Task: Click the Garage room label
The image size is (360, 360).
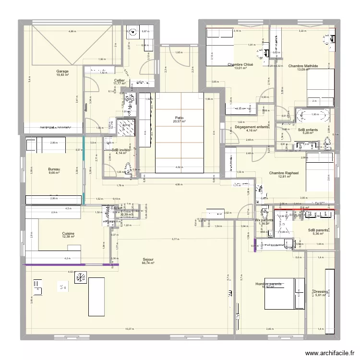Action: (x=62, y=71)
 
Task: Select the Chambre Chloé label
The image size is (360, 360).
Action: (x=240, y=64)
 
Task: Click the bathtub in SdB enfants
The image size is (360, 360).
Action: (x=313, y=115)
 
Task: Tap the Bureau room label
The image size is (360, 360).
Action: (x=54, y=169)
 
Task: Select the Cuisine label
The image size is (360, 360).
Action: (x=68, y=233)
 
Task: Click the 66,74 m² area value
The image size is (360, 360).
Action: (x=148, y=263)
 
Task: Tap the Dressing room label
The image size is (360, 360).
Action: (x=320, y=291)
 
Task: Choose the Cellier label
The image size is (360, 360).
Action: (x=120, y=80)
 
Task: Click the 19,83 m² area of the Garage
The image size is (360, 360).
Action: (x=62, y=75)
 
